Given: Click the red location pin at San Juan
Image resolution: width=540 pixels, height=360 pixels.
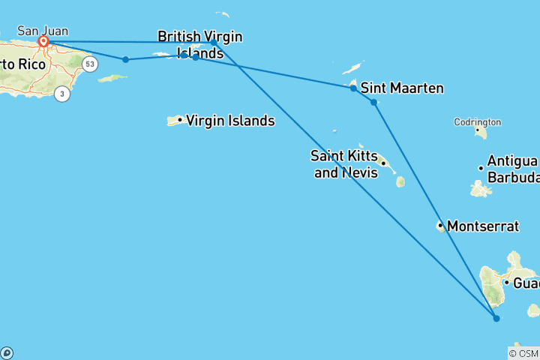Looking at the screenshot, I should [x=43, y=42].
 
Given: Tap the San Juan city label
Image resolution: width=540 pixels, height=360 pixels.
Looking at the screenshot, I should [x=42, y=31].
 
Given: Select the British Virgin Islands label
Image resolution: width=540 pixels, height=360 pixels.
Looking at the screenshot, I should [x=200, y=44].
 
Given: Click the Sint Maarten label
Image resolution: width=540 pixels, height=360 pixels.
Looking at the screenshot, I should [x=402, y=88].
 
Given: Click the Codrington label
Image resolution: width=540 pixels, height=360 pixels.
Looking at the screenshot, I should [x=477, y=122].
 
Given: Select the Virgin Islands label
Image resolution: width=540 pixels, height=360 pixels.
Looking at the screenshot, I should [x=229, y=121].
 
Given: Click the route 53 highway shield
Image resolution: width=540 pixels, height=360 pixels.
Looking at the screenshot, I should [x=90, y=64].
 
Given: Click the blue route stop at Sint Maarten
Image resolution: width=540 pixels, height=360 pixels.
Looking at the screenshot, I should [x=353, y=88].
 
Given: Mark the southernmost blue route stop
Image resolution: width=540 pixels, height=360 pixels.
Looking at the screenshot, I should [x=496, y=319].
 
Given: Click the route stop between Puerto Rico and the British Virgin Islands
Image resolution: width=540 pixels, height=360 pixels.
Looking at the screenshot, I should [x=125, y=59].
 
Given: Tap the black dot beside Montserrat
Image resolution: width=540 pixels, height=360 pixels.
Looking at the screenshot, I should [x=440, y=225].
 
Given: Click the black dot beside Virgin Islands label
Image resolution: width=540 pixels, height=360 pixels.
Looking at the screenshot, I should [x=180, y=120].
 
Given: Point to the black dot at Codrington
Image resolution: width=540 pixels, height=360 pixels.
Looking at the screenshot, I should [x=477, y=130].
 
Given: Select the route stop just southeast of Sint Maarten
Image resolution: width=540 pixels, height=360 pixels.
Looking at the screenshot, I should [x=373, y=102].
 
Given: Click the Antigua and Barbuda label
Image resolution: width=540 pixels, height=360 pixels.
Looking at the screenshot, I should [x=512, y=169].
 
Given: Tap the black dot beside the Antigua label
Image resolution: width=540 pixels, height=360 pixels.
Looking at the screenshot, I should [x=481, y=168].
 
